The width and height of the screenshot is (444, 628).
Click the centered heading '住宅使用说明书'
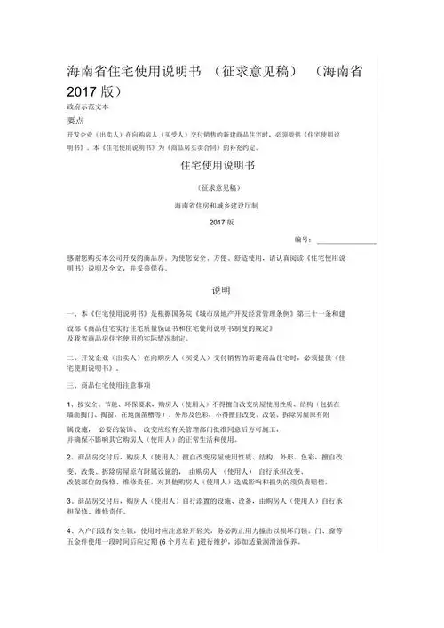click(218, 165)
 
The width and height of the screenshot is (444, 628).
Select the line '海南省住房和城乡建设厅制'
click(218, 205)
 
